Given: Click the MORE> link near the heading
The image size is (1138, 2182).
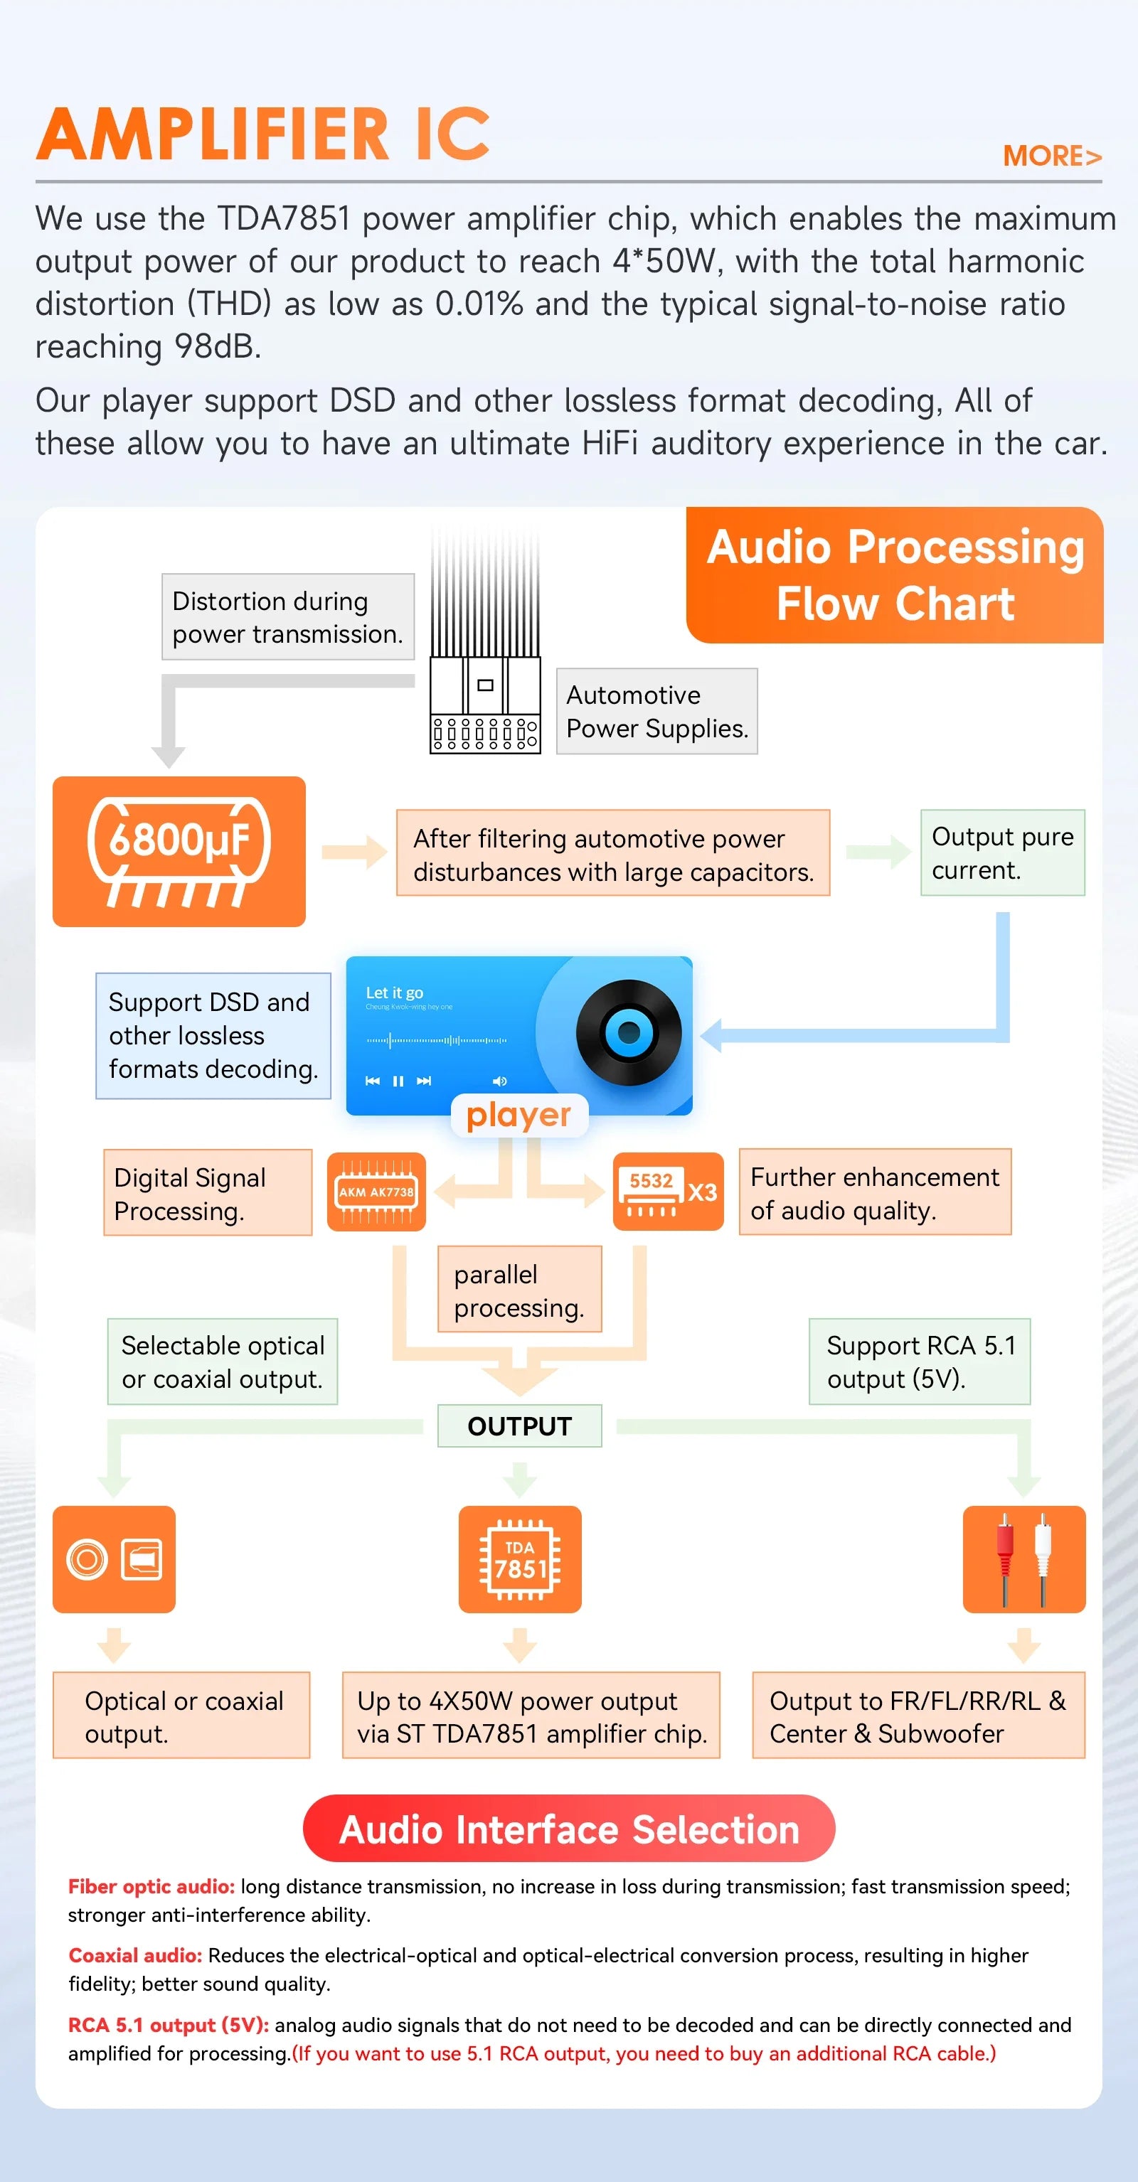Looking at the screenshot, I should click(1051, 156).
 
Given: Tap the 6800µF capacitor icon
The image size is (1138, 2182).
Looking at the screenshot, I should click(179, 850).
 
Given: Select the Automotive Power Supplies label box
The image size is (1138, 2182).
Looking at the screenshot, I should click(656, 712).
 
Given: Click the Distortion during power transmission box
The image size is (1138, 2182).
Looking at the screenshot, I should click(287, 616).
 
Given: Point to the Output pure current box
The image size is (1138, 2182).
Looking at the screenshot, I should click(1002, 853).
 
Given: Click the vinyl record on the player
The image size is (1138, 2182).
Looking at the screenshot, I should click(629, 1032).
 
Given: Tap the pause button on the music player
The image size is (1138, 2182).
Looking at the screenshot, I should click(398, 1081).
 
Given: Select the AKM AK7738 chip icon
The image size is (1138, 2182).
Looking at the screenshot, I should click(376, 1192).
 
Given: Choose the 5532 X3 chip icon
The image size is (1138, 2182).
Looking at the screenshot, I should click(668, 1192).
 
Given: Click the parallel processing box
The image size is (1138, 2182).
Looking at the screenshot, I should click(519, 1290).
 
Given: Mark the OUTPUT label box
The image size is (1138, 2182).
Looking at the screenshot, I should click(519, 1426).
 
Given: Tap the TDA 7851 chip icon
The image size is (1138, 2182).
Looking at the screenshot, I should click(519, 1559).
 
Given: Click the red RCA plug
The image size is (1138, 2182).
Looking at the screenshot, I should click(1004, 1558).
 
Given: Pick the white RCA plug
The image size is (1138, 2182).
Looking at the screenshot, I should click(1043, 1558).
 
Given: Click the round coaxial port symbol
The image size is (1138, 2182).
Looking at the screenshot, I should click(87, 1559).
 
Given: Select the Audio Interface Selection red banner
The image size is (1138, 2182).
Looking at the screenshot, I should click(568, 1829).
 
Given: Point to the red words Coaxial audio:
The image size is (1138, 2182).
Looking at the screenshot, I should click(134, 1956).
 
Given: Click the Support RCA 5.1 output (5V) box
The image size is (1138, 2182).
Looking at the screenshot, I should click(920, 1362).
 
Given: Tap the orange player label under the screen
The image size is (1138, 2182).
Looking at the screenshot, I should click(519, 1116).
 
